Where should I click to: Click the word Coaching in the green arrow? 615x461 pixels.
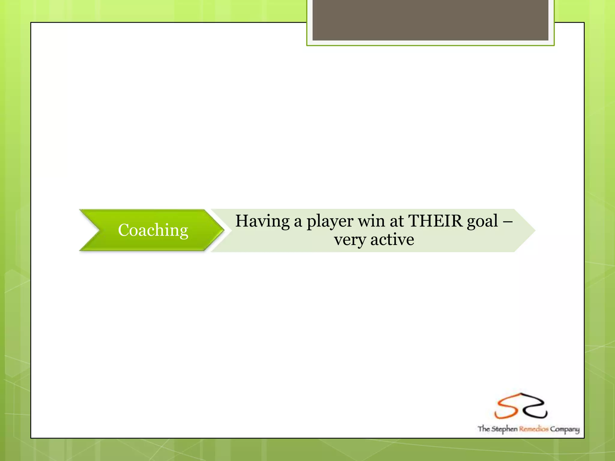[x=153, y=230]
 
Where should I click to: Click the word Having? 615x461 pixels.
[x=262, y=221]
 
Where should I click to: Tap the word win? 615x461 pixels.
[x=371, y=221]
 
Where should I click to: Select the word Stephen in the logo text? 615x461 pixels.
[x=504, y=429]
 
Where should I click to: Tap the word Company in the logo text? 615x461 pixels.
[x=565, y=429]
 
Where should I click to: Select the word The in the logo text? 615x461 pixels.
[x=484, y=429]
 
